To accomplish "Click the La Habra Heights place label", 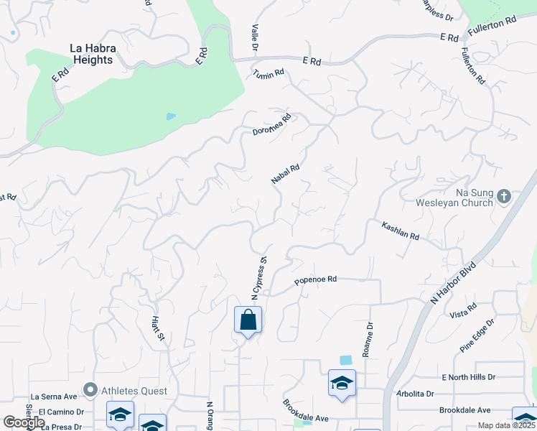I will [x=91, y=55].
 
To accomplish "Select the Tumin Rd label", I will [x=268, y=73].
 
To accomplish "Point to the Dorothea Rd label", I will [x=272, y=125].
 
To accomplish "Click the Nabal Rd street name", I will [x=285, y=173].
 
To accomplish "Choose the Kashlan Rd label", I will [x=400, y=230].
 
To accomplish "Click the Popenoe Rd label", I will [x=315, y=281].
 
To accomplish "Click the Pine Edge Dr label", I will [x=476, y=337].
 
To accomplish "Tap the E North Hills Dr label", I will [x=469, y=377].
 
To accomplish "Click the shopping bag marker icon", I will [x=248, y=319].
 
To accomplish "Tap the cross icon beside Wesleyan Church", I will [x=504, y=195].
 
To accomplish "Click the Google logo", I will [x=24, y=422].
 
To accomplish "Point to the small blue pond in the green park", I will [x=170, y=116].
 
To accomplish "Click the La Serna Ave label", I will [x=54, y=396].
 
